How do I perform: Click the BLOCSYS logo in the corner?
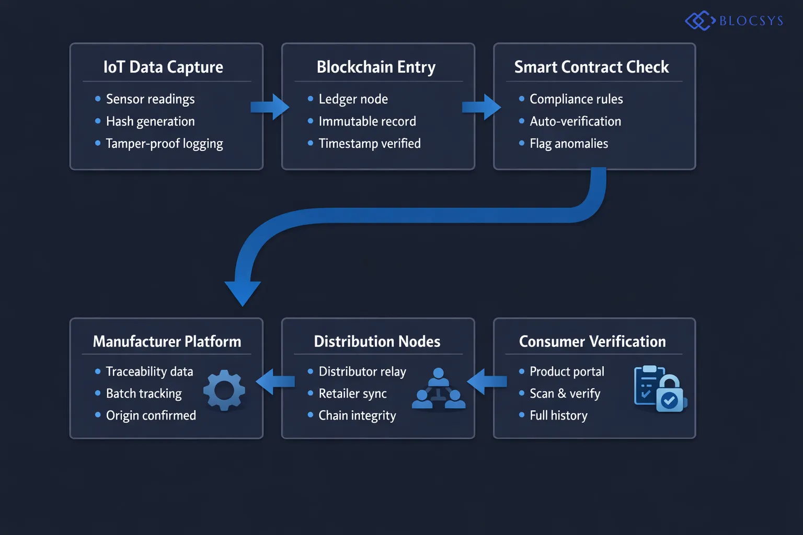[x=734, y=21]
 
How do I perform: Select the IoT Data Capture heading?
[x=163, y=67]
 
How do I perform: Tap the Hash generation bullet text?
[x=150, y=121]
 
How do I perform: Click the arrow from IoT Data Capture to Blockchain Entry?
[x=270, y=107]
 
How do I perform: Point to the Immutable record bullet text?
[x=367, y=121]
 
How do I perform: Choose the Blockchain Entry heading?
[x=376, y=67]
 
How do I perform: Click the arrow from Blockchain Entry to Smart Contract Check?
[x=482, y=107]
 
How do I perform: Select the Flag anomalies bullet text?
[x=568, y=144]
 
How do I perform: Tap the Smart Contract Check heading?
[x=591, y=67]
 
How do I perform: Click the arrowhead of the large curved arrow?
[x=243, y=292]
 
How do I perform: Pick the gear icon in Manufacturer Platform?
[x=224, y=390]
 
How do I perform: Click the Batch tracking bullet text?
[x=144, y=393]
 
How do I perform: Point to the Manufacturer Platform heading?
[x=167, y=341]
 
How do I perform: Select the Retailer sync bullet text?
[x=352, y=393]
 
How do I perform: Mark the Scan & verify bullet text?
[x=565, y=393]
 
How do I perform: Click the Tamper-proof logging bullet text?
[x=164, y=144]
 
